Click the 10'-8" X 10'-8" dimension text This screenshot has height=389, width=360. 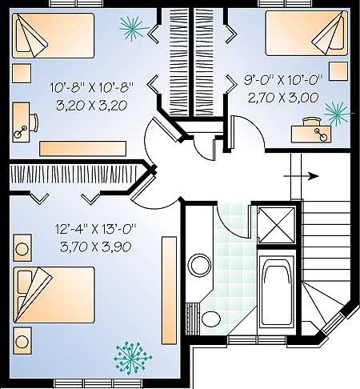tap(91, 87)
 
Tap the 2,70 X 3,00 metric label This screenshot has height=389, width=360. tap(283, 98)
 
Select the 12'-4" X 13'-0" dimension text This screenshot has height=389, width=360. tap(96, 229)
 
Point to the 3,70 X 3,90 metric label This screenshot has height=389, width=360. tap(96, 247)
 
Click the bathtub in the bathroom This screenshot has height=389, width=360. tap(277, 291)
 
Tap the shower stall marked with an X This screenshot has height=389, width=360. tap(277, 226)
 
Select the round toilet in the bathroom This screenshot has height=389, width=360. tap(211, 319)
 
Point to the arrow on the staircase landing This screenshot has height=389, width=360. tap(302, 176)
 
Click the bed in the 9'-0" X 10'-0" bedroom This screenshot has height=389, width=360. tap(306, 33)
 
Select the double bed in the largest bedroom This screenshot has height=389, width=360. tap(54, 295)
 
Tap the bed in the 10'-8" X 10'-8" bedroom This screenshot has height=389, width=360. tap(53, 35)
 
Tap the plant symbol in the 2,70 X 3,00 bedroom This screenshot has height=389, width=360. tap(338, 113)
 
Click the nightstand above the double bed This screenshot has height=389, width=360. tap(22, 248)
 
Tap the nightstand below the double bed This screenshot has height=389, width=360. tap(22, 341)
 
